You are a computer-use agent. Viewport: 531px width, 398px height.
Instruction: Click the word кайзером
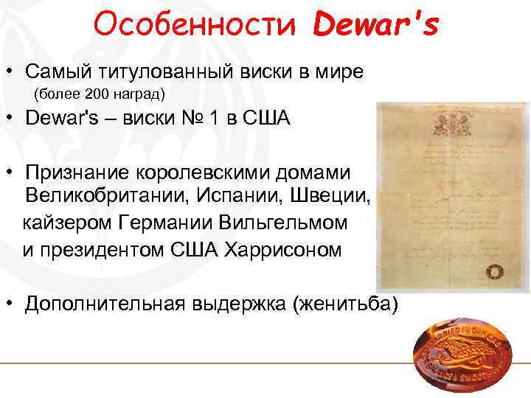tap(67, 223)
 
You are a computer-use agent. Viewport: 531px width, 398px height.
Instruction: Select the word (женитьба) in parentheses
tap(345, 303)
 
